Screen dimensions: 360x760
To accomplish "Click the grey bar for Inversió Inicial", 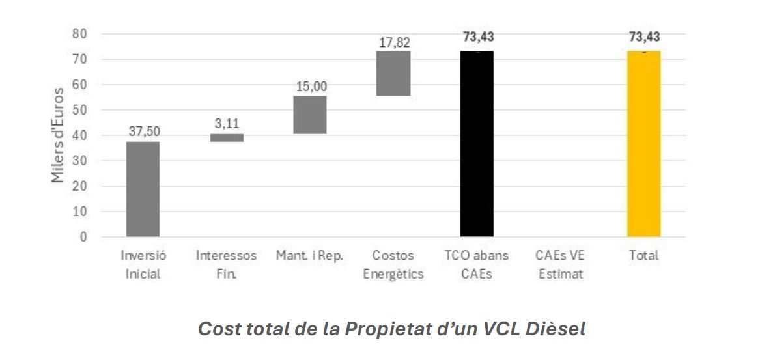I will point(143,189).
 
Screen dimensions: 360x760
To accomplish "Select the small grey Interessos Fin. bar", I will point(226,137).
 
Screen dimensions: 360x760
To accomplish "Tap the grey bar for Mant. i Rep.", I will point(310,115).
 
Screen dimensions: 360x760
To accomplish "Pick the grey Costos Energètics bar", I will point(393,73).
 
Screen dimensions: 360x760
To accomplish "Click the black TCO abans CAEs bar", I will point(477,143).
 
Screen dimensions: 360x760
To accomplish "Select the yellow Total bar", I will point(643,143).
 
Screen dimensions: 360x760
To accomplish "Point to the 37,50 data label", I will point(143,132).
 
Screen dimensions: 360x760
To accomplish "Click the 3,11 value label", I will point(226,124).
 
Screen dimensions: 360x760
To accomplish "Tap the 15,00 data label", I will point(310,86).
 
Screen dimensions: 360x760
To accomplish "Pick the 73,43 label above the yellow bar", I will point(644,37).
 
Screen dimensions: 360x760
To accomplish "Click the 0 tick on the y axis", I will point(83,237).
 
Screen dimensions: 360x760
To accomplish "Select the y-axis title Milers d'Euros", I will point(58,135).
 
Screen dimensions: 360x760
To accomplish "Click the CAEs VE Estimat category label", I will point(560,264).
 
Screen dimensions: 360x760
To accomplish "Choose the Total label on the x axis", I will point(643,256).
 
